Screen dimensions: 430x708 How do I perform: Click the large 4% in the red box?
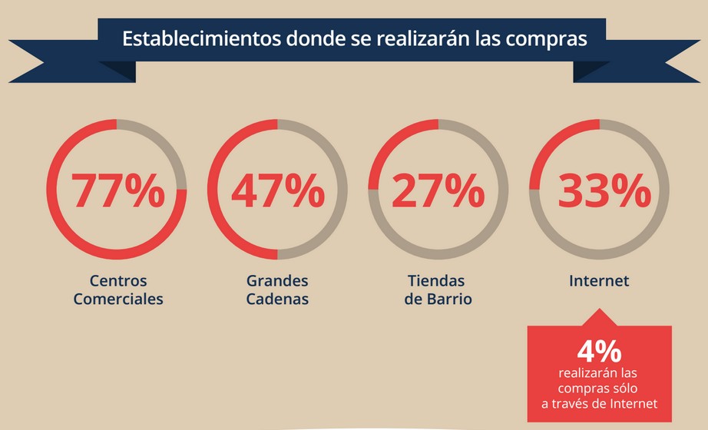pyautogui.click(x=599, y=352)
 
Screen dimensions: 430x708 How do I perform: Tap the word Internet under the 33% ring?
pyautogui.click(x=599, y=281)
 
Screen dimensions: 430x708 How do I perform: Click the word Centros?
pyautogui.click(x=118, y=281)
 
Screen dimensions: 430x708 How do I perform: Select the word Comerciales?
pyautogui.click(x=118, y=299)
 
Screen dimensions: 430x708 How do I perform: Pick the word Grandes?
pyautogui.click(x=277, y=281)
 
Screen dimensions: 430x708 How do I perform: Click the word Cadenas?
pyautogui.click(x=277, y=299)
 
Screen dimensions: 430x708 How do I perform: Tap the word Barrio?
pyautogui.click(x=449, y=299)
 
